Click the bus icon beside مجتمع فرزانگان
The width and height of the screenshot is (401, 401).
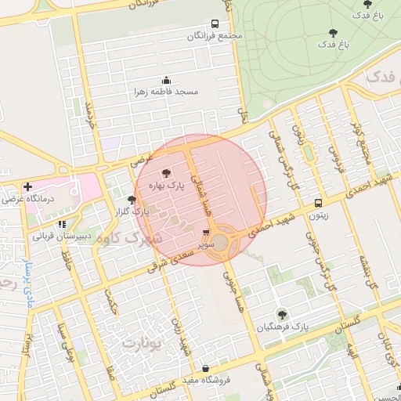[x=215, y=23]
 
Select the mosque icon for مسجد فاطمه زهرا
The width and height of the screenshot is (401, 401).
[x=165, y=80]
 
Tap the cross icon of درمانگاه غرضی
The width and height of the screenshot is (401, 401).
[x=28, y=187]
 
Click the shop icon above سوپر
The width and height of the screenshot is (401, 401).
[x=205, y=233]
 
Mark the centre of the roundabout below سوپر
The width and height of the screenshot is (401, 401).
[x=220, y=243]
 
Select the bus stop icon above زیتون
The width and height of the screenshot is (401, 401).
[x=317, y=202]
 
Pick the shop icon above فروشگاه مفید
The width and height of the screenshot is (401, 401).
[x=205, y=368]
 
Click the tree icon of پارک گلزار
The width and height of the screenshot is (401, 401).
[x=132, y=200]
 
